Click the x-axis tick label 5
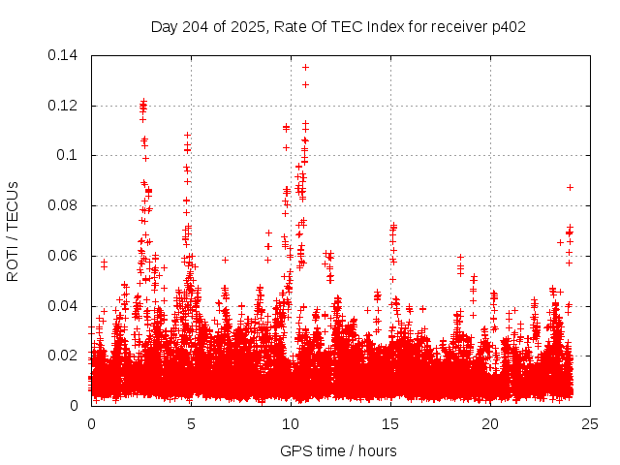[x=191, y=423]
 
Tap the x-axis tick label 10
[x=291, y=423]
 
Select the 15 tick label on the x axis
[x=390, y=423]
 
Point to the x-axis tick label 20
[x=490, y=423]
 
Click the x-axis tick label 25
[x=590, y=423]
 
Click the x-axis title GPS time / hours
[x=338, y=450]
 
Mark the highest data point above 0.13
[x=305, y=67]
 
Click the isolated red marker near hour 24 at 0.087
[x=571, y=187]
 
